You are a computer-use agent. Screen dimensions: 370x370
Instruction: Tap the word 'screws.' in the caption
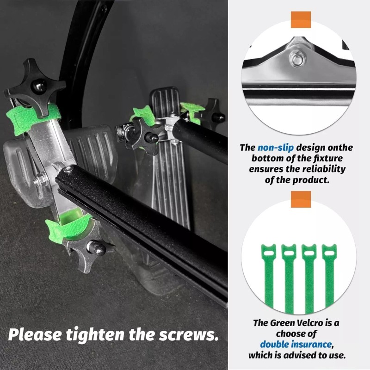click(187, 334)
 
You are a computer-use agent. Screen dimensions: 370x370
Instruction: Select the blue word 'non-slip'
click(276, 148)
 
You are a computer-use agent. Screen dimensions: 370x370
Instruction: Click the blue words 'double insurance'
click(296, 345)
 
